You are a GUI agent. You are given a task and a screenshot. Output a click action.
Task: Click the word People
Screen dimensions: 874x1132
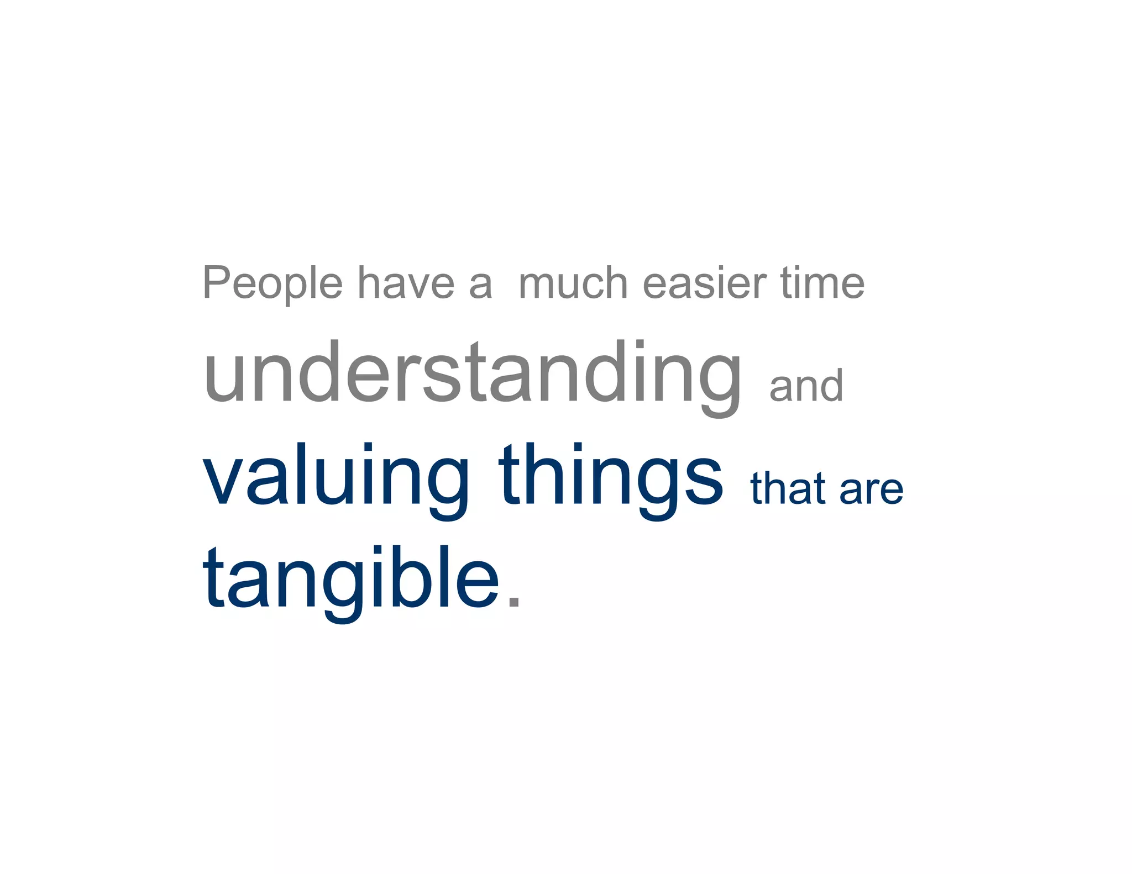272,283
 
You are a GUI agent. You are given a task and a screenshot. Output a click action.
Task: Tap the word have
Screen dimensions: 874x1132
406,283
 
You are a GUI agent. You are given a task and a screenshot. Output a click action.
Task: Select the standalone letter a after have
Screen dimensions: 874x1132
480,286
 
